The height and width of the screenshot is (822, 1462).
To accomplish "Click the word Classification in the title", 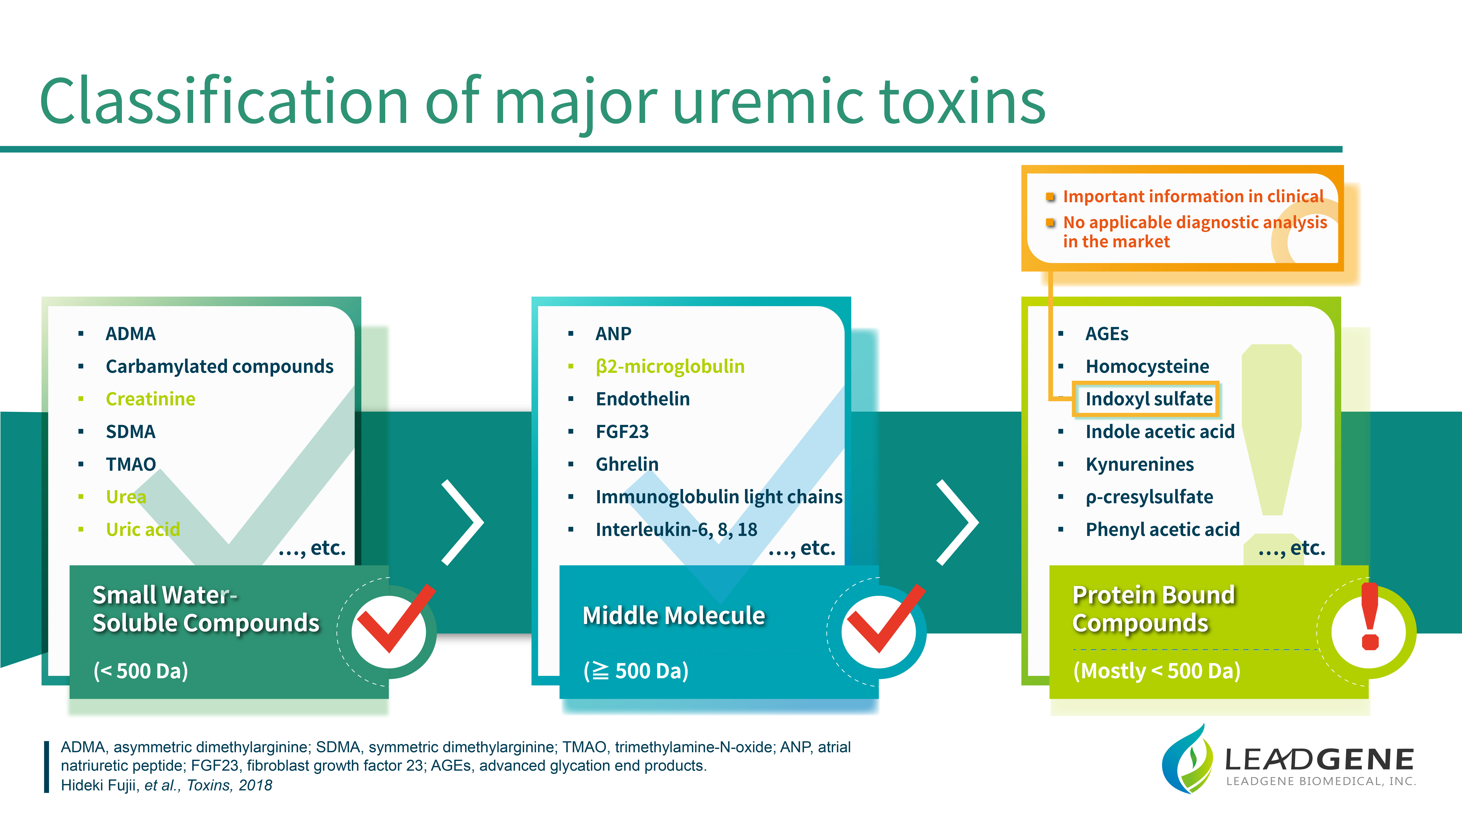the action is pyautogui.click(x=224, y=101).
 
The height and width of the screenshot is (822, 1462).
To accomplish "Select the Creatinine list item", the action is pyautogui.click(x=150, y=399).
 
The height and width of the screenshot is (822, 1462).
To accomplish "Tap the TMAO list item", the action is pyautogui.click(x=130, y=464).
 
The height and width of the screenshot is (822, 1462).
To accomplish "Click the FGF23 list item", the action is pyautogui.click(x=622, y=432).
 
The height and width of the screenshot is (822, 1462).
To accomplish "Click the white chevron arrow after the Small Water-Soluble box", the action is pyautogui.click(x=463, y=522).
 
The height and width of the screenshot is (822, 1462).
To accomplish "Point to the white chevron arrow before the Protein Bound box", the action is pyautogui.click(x=957, y=522).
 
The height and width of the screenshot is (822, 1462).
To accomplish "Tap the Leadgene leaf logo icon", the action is pyautogui.click(x=1188, y=759).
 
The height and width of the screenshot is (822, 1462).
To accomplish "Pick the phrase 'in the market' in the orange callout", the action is pyautogui.click(x=1116, y=242).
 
